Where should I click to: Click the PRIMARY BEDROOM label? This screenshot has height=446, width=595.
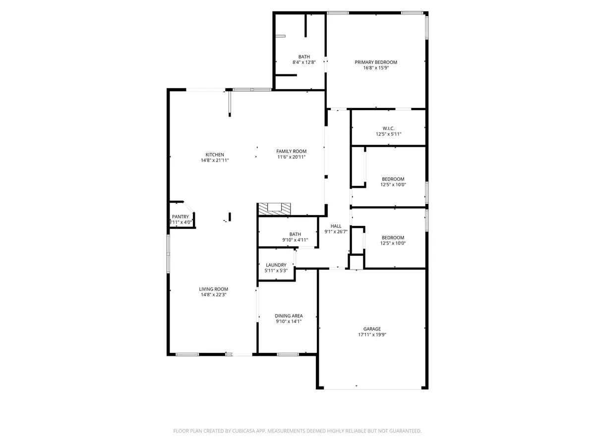[x=376, y=62]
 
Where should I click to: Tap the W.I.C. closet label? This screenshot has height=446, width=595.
[x=388, y=128]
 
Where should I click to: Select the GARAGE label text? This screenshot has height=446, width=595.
[x=372, y=329]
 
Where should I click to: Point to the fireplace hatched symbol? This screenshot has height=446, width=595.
[x=274, y=209]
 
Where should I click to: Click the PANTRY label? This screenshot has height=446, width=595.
[x=180, y=217]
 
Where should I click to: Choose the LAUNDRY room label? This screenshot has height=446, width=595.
[x=276, y=265]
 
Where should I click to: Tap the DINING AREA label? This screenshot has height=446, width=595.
[x=289, y=316]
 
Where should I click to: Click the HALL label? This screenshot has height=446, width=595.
[x=336, y=226]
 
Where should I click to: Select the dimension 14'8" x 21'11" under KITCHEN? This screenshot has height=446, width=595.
[x=215, y=160]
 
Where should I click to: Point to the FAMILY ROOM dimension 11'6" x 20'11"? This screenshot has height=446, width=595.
[x=292, y=157]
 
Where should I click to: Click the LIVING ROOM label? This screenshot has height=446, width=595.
[x=214, y=289]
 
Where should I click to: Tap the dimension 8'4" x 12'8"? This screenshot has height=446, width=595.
[x=304, y=62]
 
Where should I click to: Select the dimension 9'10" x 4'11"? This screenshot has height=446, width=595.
[x=295, y=240]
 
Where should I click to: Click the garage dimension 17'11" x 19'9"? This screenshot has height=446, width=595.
[x=372, y=334]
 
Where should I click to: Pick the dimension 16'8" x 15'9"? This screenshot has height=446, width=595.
[x=376, y=68]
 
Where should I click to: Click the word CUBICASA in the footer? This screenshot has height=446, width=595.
[x=242, y=431]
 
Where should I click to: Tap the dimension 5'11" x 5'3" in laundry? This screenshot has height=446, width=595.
[x=276, y=271]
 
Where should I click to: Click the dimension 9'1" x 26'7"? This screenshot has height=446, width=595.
[x=336, y=232]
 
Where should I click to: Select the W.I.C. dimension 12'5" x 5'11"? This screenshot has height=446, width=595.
[x=388, y=134]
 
